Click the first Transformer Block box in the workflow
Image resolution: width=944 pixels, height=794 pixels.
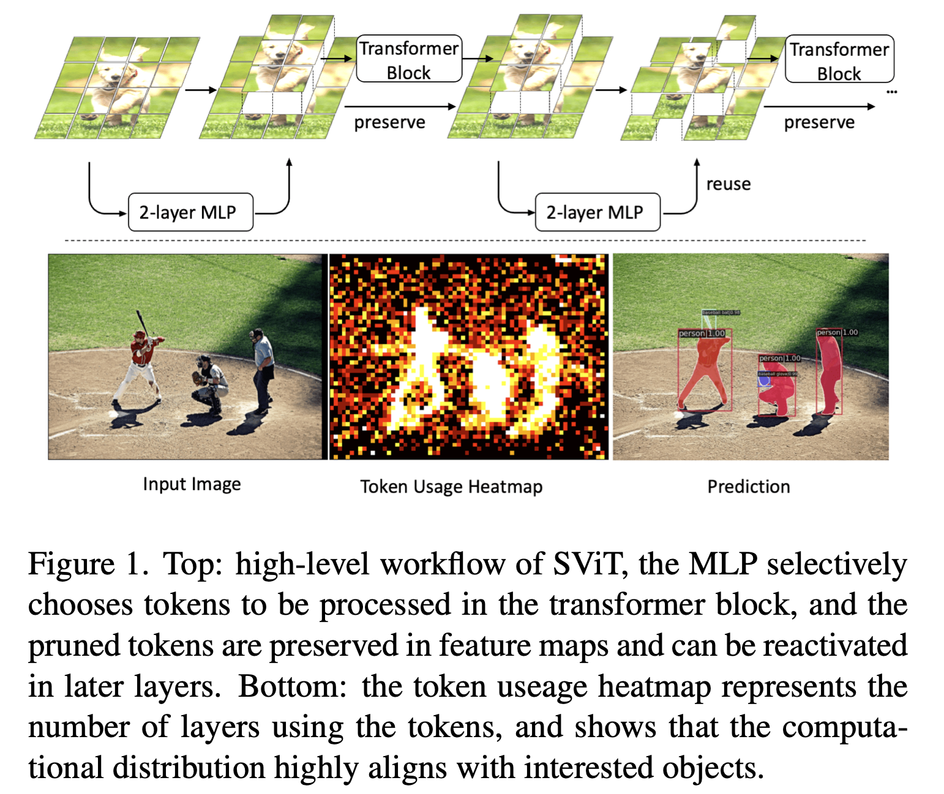click(x=408, y=59)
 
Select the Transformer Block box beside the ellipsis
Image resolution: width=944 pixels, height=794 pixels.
click(x=839, y=60)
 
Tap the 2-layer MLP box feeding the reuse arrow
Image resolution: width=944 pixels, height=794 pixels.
click(x=597, y=212)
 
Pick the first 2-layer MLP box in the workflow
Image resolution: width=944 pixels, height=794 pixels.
click(x=190, y=212)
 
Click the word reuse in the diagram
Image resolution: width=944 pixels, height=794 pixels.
click(x=728, y=184)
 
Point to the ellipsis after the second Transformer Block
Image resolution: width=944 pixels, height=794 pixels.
click(x=891, y=92)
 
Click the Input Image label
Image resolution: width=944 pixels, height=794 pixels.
click(x=192, y=484)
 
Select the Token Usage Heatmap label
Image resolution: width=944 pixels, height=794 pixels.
click(x=451, y=486)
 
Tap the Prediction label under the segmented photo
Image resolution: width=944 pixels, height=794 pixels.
click(x=748, y=486)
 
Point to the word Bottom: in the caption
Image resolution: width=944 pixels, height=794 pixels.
click(x=292, y=686)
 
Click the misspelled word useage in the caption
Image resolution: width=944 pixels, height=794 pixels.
click(x=542, y=686)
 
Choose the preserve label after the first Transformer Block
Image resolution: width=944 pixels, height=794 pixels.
click(x=389, y=122)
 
